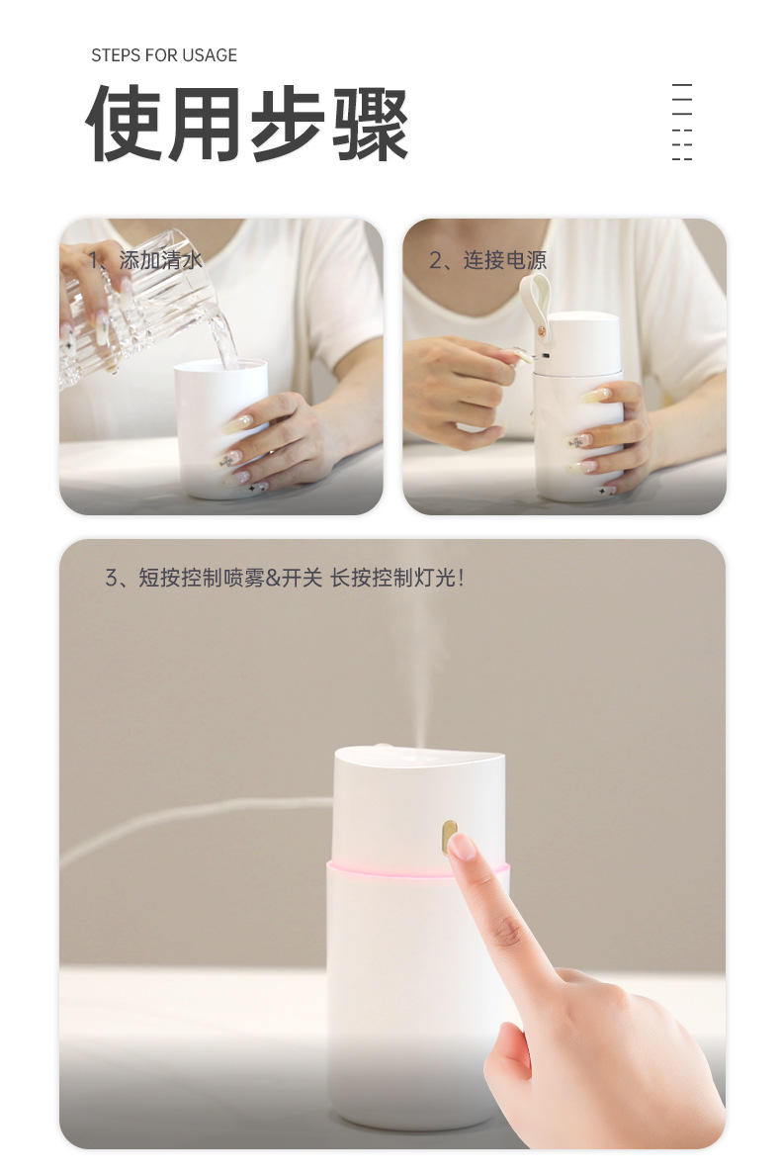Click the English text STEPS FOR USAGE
pyautogui.click(x=164, y=55)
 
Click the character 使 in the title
pyautogui.click(x=126, y=124)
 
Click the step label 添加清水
pyautogui.click(x=159, y=260)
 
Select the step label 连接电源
pyautogui.click(x=504, y=260)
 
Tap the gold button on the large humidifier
pyautogui.click(x=451, y=833)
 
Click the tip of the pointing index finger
pyautogui.click(x=461, y=848)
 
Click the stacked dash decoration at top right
pyautogui.click(x=681, y=123)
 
